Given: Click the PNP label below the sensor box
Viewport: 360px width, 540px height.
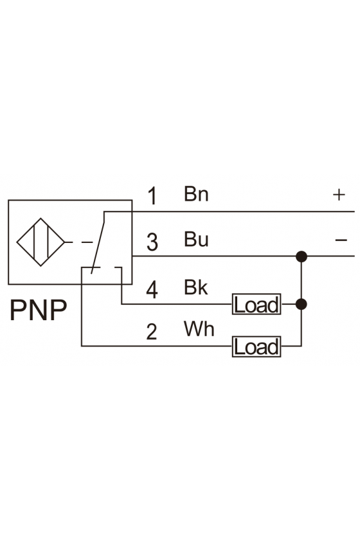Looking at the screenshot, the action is (38, 310).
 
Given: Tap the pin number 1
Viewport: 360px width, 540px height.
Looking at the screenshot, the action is (152, 195).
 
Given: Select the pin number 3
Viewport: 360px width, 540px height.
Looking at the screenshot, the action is (152, 242).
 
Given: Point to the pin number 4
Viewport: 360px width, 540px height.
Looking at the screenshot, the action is (152, 289).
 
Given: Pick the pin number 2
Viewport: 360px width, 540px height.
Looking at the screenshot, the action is (152, 332).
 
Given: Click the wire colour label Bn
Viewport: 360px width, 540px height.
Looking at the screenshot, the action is (196, 194).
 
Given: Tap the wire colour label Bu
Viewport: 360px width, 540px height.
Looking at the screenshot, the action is (196, 239).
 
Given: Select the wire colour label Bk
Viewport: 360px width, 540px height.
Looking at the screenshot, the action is (196, 287).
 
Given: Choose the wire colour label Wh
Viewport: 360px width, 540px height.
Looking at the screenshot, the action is (199, 328).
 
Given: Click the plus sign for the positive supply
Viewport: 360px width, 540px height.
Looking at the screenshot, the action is (339, 195).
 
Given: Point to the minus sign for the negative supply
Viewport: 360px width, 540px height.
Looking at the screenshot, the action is (341, 240).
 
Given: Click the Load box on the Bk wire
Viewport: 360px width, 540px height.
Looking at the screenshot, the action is (256, 305).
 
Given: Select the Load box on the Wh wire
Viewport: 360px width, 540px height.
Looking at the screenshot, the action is (256, 346).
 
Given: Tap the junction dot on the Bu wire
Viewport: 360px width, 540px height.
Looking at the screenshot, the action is (301, 256).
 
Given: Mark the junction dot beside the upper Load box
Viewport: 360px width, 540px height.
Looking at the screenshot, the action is (301, 305).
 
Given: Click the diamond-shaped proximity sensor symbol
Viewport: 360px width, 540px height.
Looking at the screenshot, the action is (40, 242).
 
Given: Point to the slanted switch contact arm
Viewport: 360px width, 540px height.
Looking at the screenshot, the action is (98, 243).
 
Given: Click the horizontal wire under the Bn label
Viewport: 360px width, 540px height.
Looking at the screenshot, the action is (230, 212).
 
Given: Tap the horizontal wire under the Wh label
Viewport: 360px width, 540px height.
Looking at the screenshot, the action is (157, 346).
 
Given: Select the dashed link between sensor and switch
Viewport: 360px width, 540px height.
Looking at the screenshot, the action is (79, 242).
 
